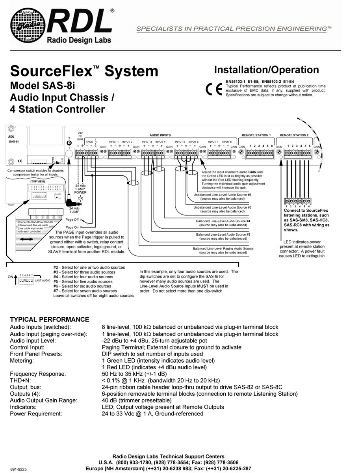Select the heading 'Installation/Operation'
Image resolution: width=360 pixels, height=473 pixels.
coord(266,70)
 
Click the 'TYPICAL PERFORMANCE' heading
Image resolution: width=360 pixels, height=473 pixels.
coord(50,319)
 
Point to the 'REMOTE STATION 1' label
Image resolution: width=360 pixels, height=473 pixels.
coord(256,135)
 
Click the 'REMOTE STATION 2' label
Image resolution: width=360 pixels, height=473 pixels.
coord(294,135)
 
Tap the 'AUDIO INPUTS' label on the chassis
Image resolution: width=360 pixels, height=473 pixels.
coord(160,135)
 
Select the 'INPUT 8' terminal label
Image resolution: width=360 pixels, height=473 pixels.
coord(226,142)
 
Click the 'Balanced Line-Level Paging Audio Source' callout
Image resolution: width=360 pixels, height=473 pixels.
coord(223,249)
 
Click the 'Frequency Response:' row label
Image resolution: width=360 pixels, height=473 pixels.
coord(38,374)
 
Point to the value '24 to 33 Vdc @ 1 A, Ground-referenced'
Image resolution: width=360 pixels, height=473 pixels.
coord(152,414)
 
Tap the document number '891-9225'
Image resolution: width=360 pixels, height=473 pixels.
coord(19,469)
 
